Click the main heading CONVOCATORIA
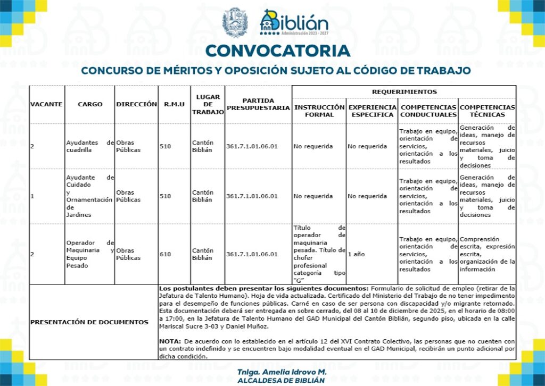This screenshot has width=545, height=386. coord(277,51)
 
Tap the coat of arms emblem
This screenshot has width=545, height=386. coord(235,22)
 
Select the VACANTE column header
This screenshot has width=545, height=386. coord(46,104)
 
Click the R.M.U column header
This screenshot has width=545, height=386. coord(174,104)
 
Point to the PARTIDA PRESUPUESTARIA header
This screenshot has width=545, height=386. coord(258,104)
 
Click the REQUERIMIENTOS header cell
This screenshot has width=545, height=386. coord(404,91)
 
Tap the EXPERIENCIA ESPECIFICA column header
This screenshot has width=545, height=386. coord(372,111)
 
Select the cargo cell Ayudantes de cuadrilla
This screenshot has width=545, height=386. coord(89,146)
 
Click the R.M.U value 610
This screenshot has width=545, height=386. coord(166,254)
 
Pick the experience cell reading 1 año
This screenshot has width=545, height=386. coord(356,254)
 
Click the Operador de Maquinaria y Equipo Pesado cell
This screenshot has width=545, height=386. coord(89,254)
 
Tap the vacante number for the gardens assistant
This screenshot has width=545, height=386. coord(32,196)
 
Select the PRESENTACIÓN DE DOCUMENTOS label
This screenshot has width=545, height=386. coord(89,322)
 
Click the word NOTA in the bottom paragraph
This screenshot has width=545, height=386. coord(170,340)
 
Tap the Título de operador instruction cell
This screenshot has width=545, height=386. coord(319,254)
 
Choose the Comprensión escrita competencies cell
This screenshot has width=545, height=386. coord(487,254)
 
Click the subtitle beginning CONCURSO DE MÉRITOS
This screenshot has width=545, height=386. coord(276,70)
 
